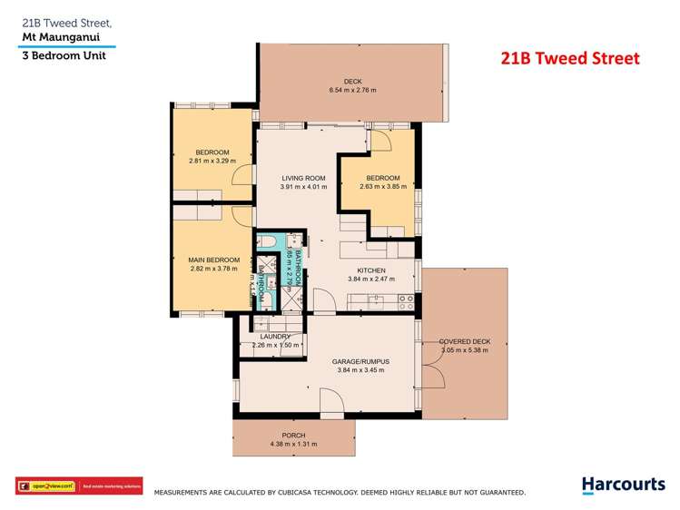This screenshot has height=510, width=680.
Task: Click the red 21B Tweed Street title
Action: [570, 58]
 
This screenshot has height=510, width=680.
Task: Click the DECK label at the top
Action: [352, 82]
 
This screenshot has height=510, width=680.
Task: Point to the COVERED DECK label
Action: [464, 341]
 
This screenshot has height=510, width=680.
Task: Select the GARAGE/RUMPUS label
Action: [362, 361]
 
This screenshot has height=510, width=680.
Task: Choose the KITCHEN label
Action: [371, 270]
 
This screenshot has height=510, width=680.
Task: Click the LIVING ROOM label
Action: [302, 178]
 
